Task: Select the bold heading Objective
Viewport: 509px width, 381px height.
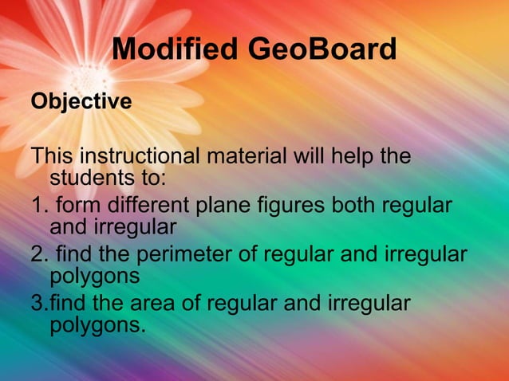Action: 81,103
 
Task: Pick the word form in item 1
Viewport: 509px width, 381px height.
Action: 72,206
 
